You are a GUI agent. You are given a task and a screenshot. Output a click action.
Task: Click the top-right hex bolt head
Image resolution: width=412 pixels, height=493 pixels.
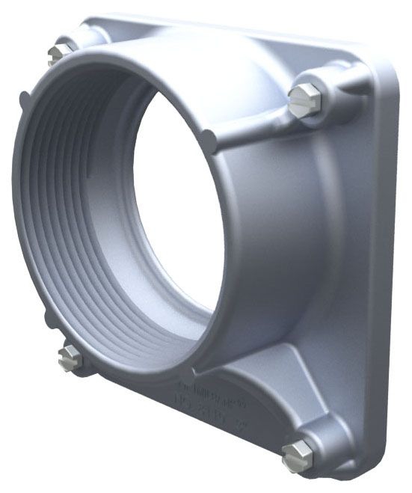pos(304,100)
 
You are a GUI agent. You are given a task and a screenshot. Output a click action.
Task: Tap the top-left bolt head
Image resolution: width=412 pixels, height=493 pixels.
pos(59,52)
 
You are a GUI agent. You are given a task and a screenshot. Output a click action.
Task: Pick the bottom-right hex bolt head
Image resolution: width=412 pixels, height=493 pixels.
pos(297,453)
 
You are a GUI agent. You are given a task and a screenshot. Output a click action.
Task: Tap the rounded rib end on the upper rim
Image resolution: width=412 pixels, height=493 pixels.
pos(210,138)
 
